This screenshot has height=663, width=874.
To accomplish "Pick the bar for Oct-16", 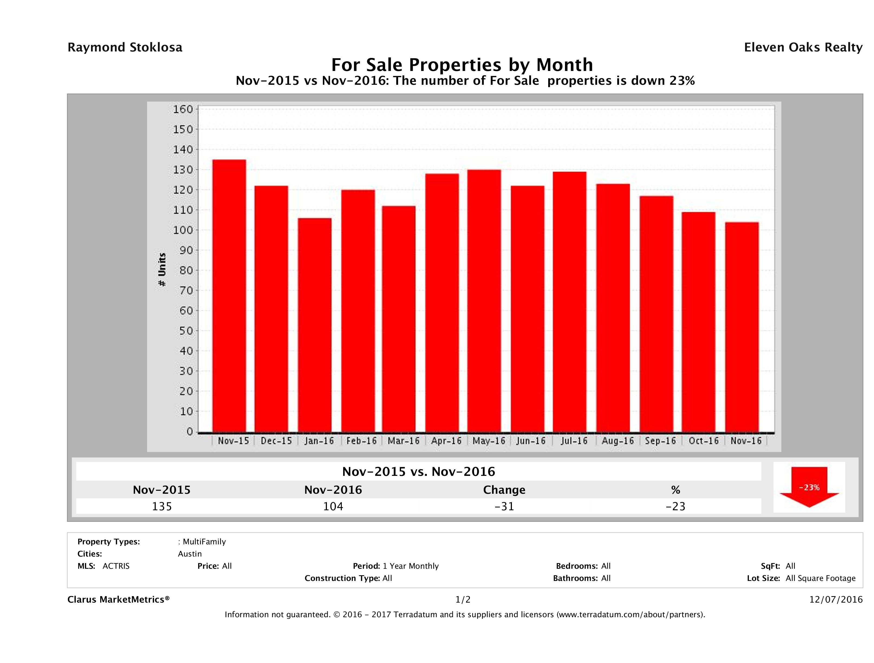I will coord(698,322).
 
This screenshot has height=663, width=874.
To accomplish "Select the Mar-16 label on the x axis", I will coord(403,441).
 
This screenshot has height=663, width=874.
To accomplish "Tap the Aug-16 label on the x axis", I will coord(618,441).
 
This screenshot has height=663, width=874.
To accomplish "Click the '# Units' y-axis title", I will coord(162,270).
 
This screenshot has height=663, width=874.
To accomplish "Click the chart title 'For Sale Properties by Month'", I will coord(462,64).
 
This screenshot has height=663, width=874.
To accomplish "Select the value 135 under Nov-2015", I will coord(162,506).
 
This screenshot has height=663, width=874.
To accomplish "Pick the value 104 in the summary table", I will coord(333,506).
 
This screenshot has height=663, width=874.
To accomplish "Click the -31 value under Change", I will coord(504,506).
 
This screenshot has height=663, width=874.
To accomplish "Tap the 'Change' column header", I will coord(504,490).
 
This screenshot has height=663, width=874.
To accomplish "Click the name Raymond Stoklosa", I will coord(125,47).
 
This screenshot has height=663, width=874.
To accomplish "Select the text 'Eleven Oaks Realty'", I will coord(803,47).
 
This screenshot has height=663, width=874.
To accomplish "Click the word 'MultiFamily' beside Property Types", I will coord(204,542).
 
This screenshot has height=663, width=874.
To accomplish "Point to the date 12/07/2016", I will coord(836,600).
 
